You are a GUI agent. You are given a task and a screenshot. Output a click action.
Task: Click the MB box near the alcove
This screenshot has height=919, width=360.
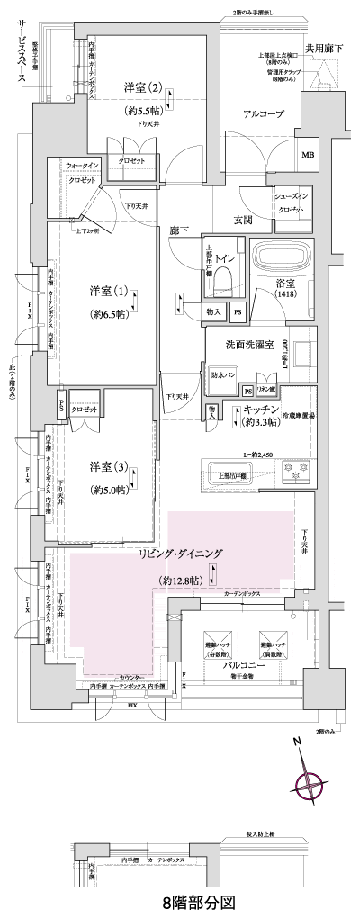pos(309,153)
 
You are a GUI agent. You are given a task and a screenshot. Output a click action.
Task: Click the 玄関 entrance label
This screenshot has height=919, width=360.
pos(243,220)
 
